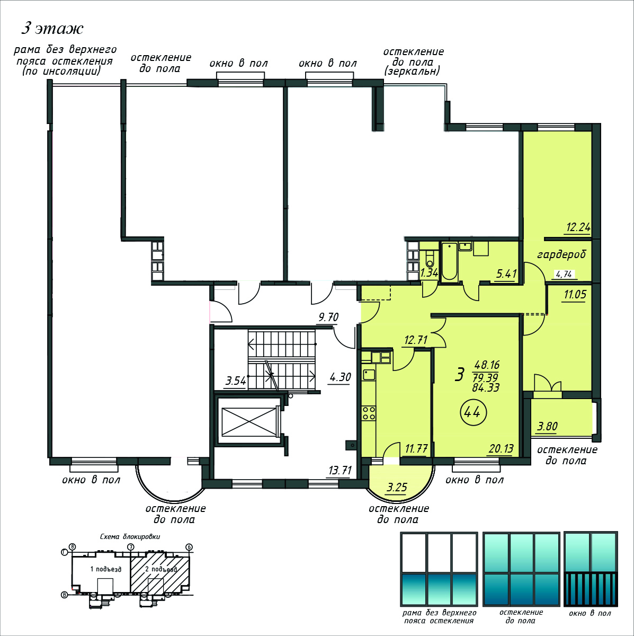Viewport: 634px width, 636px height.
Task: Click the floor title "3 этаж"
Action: coord(52,29)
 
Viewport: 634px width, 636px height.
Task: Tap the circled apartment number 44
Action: coord(474,412)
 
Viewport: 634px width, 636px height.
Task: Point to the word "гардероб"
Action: coord(561,254)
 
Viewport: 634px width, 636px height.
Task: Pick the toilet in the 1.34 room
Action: coord(429,260)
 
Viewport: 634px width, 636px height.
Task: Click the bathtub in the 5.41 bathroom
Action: coord(449,262)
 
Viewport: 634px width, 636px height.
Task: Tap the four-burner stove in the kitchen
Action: coord(369,413)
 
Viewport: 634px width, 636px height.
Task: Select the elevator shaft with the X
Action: coord(249,421)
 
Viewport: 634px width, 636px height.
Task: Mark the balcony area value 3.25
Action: coord(397,487)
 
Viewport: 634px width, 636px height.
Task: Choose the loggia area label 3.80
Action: coord(547,427)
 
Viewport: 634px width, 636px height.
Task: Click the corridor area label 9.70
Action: coord(328,317)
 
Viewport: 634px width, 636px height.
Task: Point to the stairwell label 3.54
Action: coord(236,381)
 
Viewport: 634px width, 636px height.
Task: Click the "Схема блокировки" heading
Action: coord(130,537)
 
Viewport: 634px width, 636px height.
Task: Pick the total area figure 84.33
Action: coord(486,387)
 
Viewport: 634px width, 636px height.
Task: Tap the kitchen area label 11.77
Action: coord(416,448)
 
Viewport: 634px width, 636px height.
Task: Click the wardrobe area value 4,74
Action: coord(564,274)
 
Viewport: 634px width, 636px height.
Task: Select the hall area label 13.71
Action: coord(340,470)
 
